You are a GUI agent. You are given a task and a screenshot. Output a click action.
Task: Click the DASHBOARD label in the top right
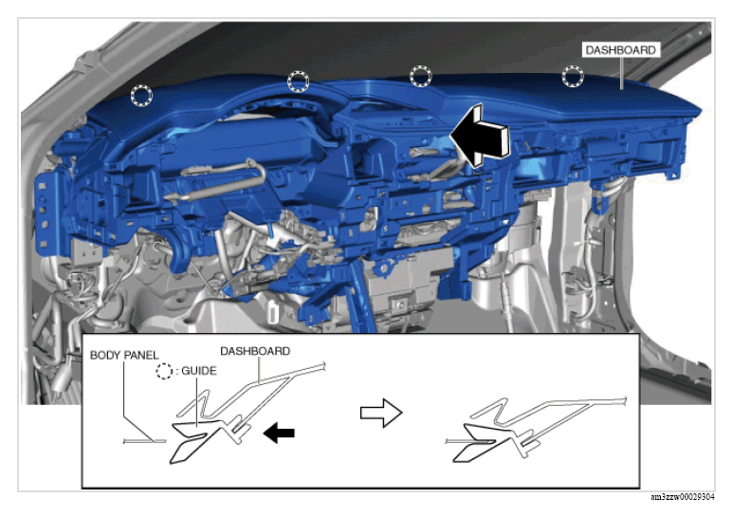pyautogui.click(x=621, y=50)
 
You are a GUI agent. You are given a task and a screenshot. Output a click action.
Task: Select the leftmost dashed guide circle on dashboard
pyautogui.click(x=141, y=96)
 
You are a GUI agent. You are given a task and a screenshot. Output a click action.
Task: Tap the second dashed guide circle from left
pyautogui.click(x=299, y=82)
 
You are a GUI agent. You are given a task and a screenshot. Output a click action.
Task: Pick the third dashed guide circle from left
pyautogui.click(x=421, y=76)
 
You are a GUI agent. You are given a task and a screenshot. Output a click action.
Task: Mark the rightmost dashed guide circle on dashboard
pyautogui.click(x=573, y=76)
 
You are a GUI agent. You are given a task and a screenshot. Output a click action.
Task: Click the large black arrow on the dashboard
pyautogui.click(x=479, y=136)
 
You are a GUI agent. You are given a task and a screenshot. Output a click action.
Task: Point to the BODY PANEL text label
pyautogui.click(x=124, y=356)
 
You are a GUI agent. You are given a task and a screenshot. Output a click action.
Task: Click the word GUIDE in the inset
pyautogui.click(x=199, y=371)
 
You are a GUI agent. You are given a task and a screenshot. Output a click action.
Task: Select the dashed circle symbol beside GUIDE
pyautogui.click(x=164, y=371)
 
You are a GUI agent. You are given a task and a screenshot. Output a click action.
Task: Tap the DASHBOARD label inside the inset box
pyautogui.click(x=255, y=351)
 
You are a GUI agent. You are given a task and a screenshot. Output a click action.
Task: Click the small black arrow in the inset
pyautogui.click(x=279, y=433)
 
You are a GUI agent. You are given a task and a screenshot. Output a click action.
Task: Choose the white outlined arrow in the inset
pyautogui.click(x=381, y=413)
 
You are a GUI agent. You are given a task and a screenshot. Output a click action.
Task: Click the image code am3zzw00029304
pyautogui.click(x=683, y=497)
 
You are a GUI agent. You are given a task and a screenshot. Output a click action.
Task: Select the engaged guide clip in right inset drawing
pyautogui.click(x=482, y=443)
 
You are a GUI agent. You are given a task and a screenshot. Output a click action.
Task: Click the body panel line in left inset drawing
pyautogui.click(x=144, y=441)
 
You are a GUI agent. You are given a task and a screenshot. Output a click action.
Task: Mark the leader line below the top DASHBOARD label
pyautogui.click(x=622, y=73)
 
